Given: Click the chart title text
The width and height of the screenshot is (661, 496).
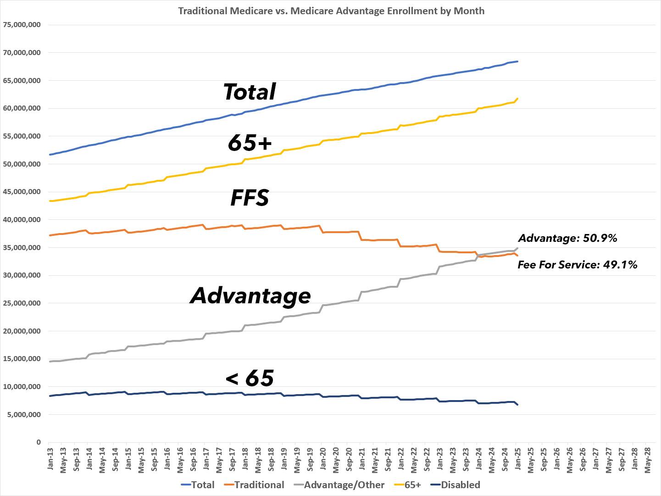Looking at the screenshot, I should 331,11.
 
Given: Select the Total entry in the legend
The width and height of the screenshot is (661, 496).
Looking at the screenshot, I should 198,485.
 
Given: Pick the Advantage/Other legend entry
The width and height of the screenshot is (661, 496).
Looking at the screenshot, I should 339,485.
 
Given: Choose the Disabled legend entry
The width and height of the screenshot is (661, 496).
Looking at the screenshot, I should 455,485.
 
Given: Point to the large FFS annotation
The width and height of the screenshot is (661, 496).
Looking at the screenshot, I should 250,198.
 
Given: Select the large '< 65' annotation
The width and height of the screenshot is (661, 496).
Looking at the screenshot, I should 250,378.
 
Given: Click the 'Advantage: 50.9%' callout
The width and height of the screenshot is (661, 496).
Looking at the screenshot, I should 567,238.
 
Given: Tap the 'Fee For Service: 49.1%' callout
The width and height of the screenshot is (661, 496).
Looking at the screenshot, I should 578,265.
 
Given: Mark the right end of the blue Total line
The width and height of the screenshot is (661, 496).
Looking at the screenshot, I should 517,61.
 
